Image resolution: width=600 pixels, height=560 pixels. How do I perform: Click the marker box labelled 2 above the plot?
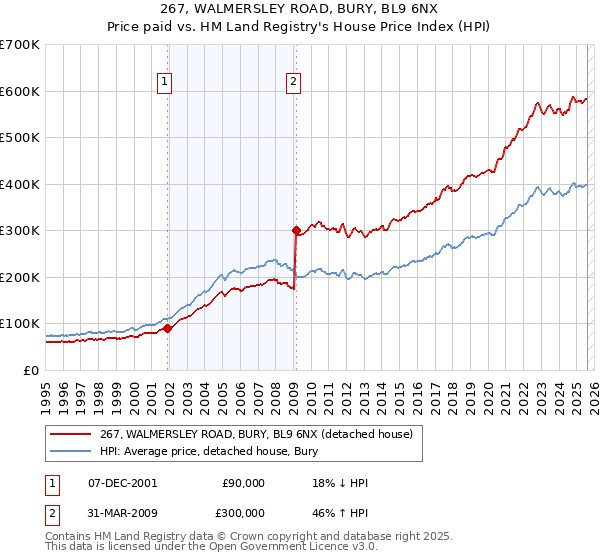pos(294,83)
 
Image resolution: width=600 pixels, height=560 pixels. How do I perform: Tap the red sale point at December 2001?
pos(168,328)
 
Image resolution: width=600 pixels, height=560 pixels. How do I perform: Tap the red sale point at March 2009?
pos(296,230)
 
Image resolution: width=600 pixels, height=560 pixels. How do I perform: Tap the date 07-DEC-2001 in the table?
pos(122,483)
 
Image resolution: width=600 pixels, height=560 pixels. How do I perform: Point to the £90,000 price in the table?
pos(243,483)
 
